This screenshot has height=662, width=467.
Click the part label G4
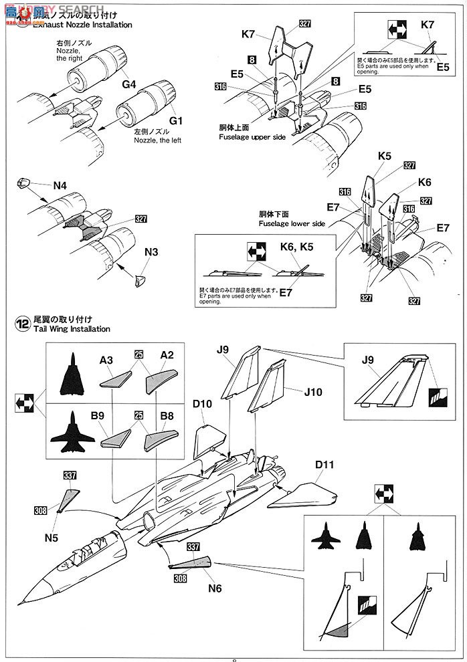tap(128, 85)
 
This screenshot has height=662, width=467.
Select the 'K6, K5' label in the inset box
tap(297, 247)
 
